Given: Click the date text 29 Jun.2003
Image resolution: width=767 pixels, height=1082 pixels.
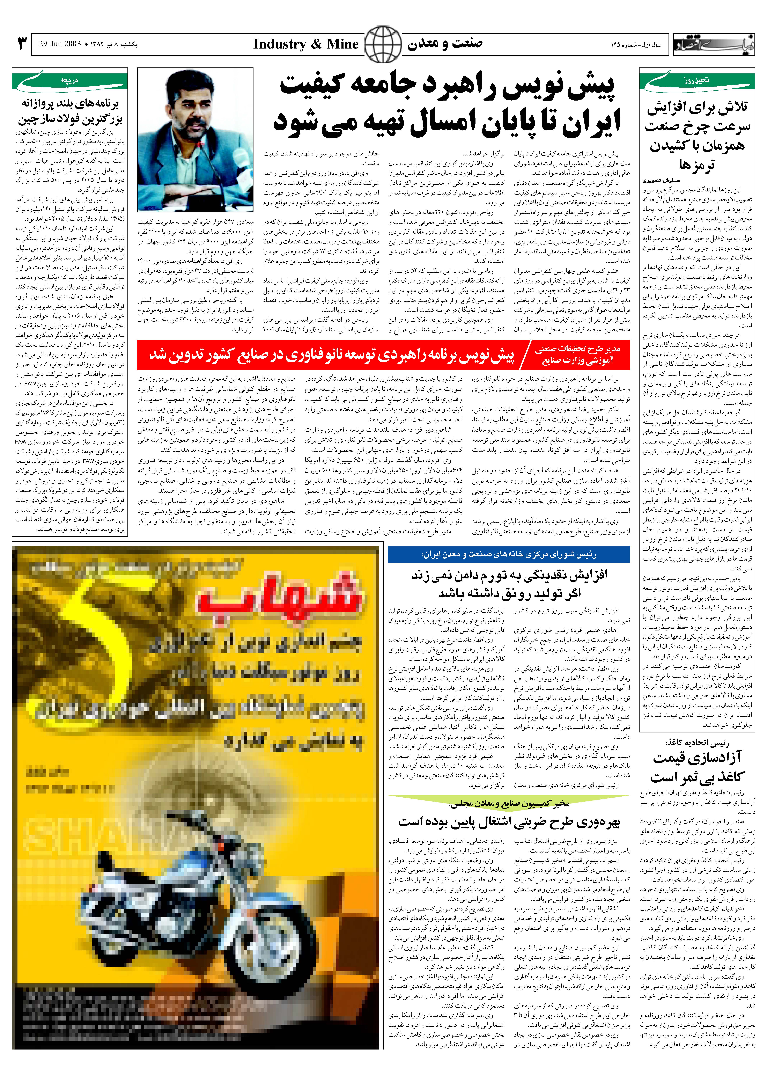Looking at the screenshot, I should (60, 44).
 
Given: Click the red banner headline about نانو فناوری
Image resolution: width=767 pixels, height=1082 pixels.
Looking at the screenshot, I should (332, 355).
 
